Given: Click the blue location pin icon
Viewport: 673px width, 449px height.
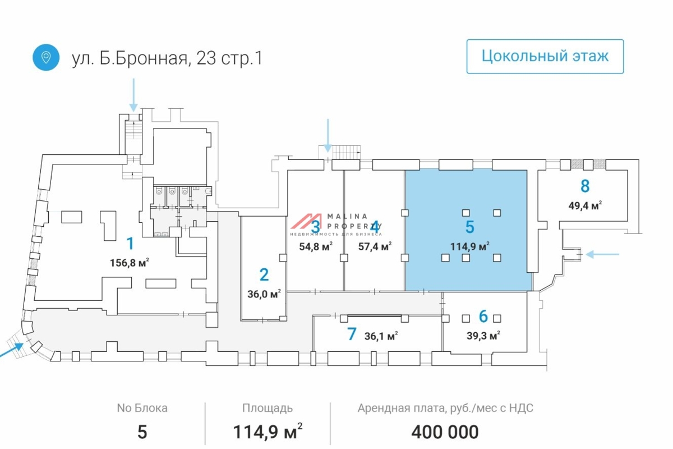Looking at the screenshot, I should (46, 57).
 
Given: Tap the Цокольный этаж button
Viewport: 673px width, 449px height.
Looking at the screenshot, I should (545, 56).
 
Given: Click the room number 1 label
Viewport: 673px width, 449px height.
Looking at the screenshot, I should (130, 244).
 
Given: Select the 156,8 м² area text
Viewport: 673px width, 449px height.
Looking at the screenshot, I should (130, 263).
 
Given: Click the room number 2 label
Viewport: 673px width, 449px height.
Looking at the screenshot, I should (264, 274).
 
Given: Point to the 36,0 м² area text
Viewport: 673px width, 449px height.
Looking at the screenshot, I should (264, 293).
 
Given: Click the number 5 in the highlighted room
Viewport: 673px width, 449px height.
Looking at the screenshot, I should (470, 227).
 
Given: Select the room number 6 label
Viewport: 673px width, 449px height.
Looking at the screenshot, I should (483, 317).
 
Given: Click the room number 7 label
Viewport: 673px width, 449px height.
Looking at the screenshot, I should (352, 335).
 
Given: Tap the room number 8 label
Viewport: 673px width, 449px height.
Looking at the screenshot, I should (585, 186).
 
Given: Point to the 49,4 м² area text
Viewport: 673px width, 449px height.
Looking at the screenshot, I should (585, 205).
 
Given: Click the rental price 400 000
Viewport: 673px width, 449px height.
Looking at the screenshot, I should (445, 432).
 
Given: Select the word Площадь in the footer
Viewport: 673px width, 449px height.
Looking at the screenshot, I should (267, 408).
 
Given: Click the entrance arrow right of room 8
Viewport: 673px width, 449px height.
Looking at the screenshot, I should (602, 254).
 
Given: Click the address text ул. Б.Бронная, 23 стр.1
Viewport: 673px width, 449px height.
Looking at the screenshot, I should (167, 58).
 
